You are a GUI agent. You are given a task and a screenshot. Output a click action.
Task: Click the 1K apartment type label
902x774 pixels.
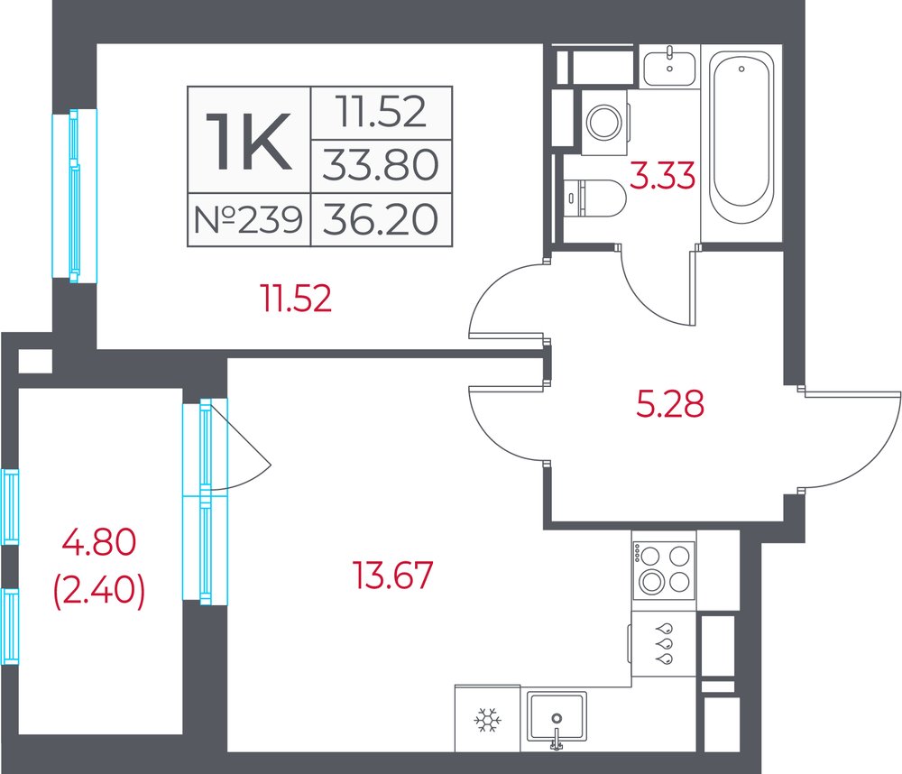click(x=249, y=141)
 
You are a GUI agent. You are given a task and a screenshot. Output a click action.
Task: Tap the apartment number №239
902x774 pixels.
click(x=249, y=220)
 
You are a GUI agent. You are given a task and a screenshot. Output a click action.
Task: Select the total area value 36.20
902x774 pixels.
click(x=381, y=220)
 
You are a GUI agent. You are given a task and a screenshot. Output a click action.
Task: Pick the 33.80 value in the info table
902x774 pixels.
click(x=381, y=164)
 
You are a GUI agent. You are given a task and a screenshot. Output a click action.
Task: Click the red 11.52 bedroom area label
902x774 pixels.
click(x=297, y=299)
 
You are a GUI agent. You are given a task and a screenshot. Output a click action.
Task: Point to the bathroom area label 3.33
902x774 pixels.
click(x=663, y=176)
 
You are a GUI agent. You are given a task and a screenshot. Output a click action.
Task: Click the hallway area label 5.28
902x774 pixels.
click(x=670, y=403)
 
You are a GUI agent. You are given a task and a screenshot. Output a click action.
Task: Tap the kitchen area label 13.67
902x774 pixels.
click(x=392, y=575)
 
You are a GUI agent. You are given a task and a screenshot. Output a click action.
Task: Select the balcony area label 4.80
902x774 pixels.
click(x=99, y=542)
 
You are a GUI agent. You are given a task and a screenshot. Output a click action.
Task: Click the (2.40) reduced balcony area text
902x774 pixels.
click(x=99, y=591)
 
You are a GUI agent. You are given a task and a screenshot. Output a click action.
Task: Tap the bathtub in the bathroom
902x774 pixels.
click(x=741, y=136)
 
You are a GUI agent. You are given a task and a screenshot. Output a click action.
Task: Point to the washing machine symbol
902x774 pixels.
click(x=604, y=122)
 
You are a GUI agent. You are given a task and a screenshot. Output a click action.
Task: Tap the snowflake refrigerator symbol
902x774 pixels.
click(x=488, y=720)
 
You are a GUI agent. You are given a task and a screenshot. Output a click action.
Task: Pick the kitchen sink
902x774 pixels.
click(x=557, y=717)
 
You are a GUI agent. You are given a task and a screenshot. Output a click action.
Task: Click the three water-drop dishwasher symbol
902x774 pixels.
click(x=667, y=643)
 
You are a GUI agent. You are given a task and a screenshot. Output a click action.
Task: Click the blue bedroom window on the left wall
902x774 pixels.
click(x=74, y=196)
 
